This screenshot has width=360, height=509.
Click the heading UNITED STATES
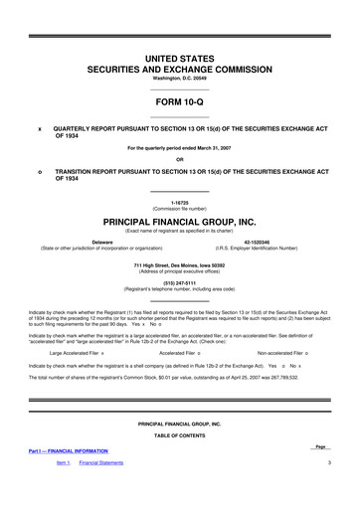coord(179,61)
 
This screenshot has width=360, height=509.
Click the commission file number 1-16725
coord(179,201)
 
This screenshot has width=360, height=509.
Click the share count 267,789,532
coord(305,350)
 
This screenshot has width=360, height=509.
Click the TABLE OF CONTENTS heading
coord(179,436)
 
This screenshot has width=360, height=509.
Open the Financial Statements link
coord(101,463)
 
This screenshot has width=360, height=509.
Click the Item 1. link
coord(63,463)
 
